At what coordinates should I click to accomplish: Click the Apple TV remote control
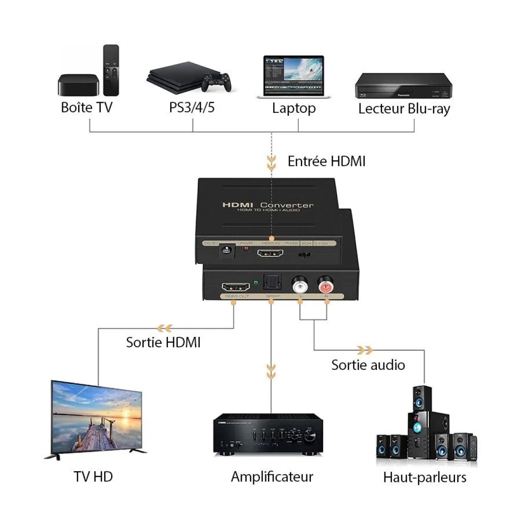pyautogui.click(x=111, y=70)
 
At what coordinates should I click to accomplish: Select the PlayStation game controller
pyautogui.click(x=216, y=82)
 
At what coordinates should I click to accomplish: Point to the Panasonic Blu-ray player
pyautogui.click(x=403, y=86)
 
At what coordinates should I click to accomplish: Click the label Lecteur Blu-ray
pyautogui.click(x=404, y=109)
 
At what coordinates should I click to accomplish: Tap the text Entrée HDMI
pyautogui.click(x=326, y=161)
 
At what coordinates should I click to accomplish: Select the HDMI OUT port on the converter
pyautogui.click(x=236, y=287)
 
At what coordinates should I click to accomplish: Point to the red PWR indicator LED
pyautogui.click(x=246, y=249)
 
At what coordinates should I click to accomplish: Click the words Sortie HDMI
pyautogui.click(x=163, y=343)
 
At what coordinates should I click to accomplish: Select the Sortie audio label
pyautogui.click(x=368, y=365)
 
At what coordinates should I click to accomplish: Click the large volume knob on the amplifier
pyautogui.click(x=310, y=435)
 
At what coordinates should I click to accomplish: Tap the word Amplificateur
pyautogui.click(x=272, y=477)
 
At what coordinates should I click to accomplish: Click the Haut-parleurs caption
pyautogui.click(x=425, y=478)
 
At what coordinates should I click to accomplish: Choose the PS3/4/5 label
pyautogui.click(x=192, y=107)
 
